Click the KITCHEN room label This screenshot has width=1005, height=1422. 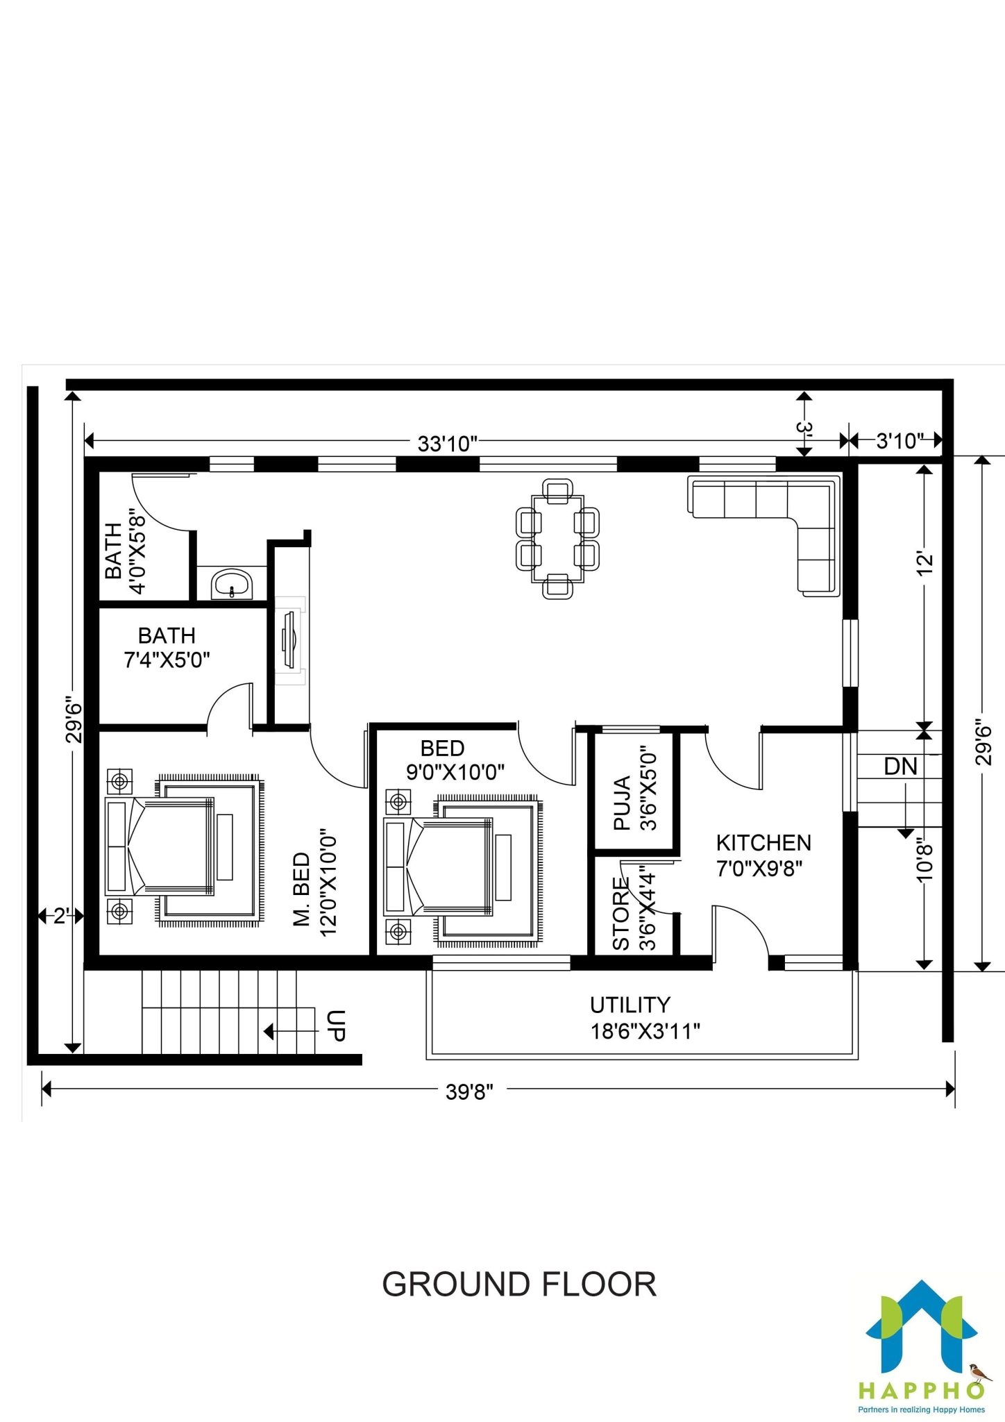pos(763,843)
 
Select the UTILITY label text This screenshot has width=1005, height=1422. pos(630,1005)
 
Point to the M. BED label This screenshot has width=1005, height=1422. pos(302,889)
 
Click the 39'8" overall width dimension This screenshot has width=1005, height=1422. pos(469,1092)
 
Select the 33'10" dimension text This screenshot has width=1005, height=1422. pos(448,444)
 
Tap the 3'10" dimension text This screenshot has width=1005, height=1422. pos(900,441)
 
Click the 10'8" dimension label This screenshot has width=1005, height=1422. pos(924,862)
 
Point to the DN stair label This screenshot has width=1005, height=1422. pos(900,767)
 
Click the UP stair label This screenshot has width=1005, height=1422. pos(335,1026)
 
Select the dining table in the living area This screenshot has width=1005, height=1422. pos(557,539)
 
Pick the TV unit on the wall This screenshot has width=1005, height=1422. pos(289,640)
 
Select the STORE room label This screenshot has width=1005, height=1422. pos(621,914)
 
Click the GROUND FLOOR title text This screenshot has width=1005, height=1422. pos(519,1285)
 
